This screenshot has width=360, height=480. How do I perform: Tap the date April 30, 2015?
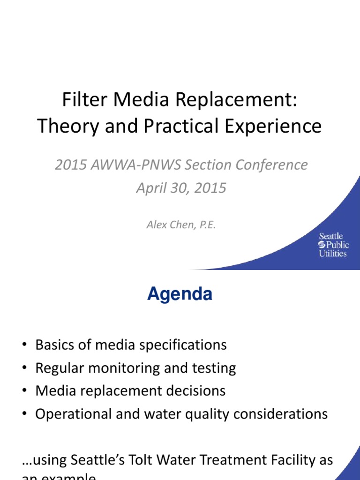pyautogui.click(x=181, y=188)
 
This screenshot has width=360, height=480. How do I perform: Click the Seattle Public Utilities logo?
pyautogui.click(x=332, y=245)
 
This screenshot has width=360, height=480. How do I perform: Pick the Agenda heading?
pyautogui.click(x=180, y=294)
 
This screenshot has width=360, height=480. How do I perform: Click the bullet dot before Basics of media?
pyautogui.click(x=24, y=345)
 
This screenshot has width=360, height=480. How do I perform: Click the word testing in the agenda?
pyautogui.click(x=214, y=368)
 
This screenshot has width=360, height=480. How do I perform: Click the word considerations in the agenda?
pyautogui.click(x=276, y=414)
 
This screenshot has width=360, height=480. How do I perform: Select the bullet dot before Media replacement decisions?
pyautogui.click(x=24, y=391)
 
